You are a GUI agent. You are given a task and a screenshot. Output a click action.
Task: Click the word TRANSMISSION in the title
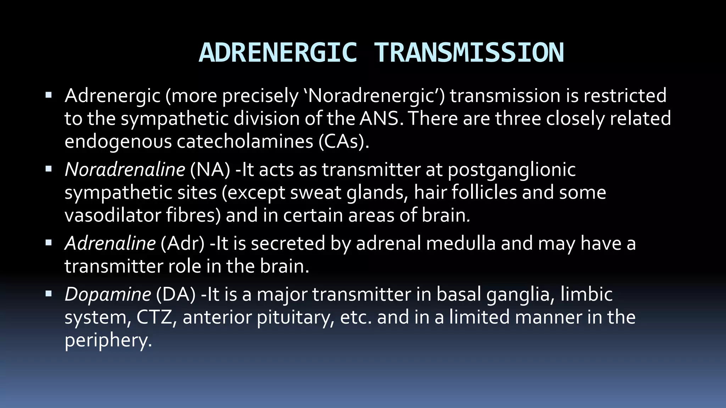coord(469,53)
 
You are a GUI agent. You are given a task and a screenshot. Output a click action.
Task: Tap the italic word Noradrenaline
coord(125,170)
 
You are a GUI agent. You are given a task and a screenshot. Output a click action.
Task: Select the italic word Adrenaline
coord(110,243)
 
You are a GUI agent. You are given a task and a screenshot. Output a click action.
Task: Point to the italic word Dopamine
coord(108,294)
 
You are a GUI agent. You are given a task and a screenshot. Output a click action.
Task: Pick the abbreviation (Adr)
coord(183,243)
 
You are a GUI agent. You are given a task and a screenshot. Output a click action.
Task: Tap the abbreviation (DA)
coord(176,294)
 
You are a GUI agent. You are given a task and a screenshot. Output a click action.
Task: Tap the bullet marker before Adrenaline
coord(49,243)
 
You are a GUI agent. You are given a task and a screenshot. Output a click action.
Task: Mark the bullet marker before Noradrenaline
coord(49,169)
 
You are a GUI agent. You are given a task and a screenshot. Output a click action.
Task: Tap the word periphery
coord(108,341)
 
